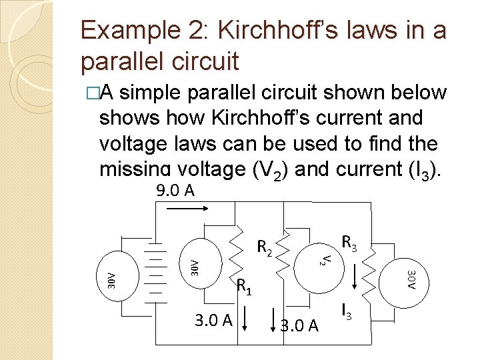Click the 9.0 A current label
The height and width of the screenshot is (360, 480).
175,191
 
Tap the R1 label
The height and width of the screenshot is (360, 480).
244,287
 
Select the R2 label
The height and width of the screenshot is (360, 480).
265,249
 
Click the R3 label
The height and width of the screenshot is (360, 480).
349,243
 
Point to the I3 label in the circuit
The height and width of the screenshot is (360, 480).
346,311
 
